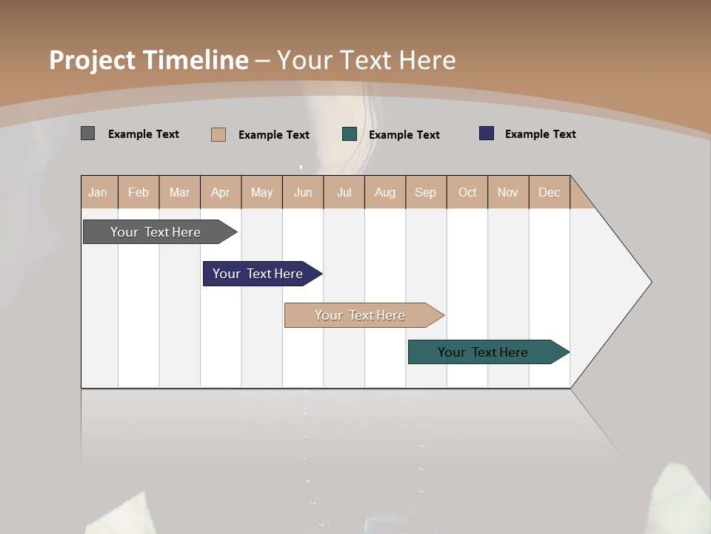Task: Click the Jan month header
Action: [x=99, y=192]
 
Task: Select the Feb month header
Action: [x=138, y=192]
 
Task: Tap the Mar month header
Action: [x=179, y=192]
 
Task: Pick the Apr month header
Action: [x=221, y=192]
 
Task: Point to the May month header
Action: [x=261, y=192]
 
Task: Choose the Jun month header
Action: [x=303, y=192]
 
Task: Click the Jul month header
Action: [x=344, y=192]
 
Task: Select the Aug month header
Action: [x=385, y=192]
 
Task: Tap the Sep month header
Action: [x=426, y=192]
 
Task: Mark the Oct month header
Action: [x=467, y=192]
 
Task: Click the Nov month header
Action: [x=508, y=192]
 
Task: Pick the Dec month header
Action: [x=550, y=192]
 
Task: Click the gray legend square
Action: [x=88, y=133]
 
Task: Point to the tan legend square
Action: [x=218, y=134]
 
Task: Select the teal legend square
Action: [x=350, y=134]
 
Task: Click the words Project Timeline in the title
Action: [x=149, y=60]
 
